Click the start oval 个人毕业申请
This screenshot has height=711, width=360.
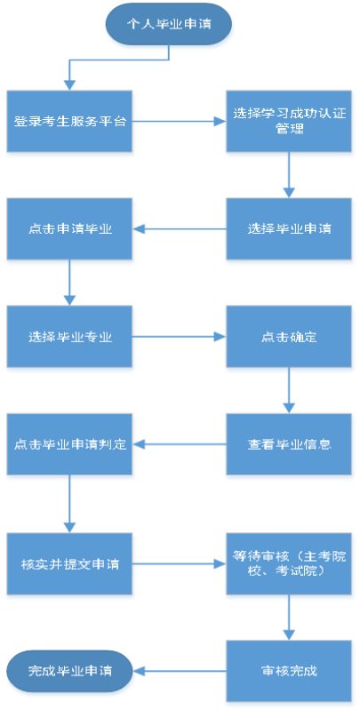click(x=169, y=24)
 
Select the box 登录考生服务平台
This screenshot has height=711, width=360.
click(x=69, y=121)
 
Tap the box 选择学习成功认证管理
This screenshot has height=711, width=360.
click(x=289, y=121)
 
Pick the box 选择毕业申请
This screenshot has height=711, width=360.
click(x=289, y=228)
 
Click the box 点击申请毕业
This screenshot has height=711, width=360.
click(x=69, y=228)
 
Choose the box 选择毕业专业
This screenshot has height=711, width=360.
click(x=69, y=337)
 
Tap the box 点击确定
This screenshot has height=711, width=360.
click(x=289, y=337)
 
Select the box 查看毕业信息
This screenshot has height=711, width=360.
click(x=289, y=443)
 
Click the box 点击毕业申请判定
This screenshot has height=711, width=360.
click(x=69, y=443)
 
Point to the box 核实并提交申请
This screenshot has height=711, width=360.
click(x=69, y=564)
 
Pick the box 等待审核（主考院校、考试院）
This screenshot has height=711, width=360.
click(x=289, y=564)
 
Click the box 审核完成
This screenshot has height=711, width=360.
click(x=289, y=671)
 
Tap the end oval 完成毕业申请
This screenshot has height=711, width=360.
click(x=69, y=671)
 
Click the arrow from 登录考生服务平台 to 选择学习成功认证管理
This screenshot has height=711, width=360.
click(x=179, y=121)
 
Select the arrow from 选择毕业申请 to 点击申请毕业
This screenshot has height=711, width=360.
click(x=179, y=228)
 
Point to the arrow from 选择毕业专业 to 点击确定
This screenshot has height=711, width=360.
click(x=179, y=337)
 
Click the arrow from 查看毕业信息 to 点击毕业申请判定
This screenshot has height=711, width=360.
click(x=179, y=443)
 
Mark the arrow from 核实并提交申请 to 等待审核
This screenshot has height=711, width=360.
click(x=179, y=564)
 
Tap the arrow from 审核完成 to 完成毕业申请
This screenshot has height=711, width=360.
click(x=179, y=671)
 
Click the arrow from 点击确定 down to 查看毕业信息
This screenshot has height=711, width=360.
click(x=289, y=390)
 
